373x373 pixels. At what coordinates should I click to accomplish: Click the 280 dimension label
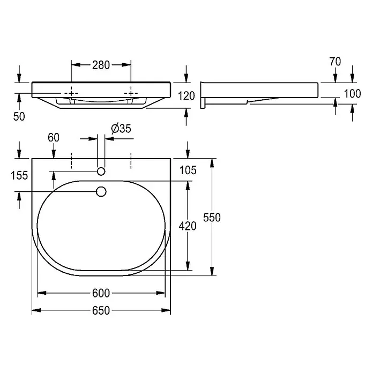(101, 65)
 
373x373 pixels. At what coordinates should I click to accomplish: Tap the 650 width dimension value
(101, 310)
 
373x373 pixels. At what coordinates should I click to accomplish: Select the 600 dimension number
(101, 293)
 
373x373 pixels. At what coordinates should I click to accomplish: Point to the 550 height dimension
(212, 218)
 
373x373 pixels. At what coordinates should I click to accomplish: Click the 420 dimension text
(188, 226)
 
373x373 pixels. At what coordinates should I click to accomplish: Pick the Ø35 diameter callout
(121, 129)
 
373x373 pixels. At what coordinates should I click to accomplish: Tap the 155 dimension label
(19, 176)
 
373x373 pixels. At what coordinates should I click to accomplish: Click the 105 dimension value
(188, 170)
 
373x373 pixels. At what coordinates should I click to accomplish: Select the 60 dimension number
(54, 138)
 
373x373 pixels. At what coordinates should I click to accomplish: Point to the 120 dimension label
(186, 96)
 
